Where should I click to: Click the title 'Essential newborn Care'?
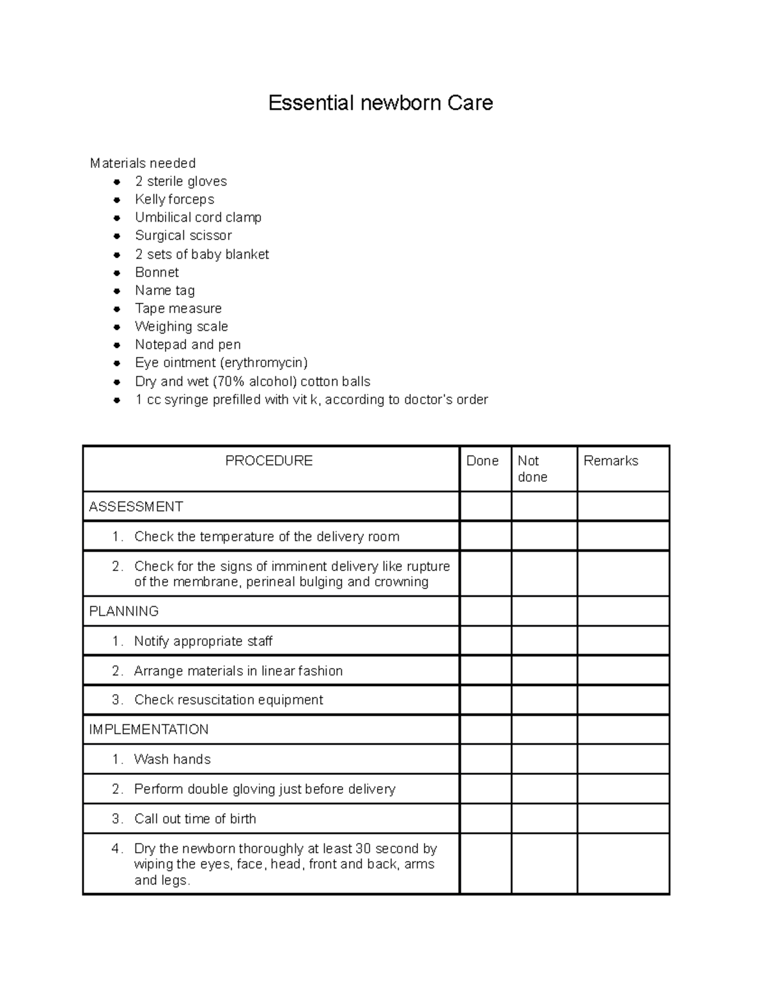tap(380, 103)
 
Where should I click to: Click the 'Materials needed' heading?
tap(143, 164)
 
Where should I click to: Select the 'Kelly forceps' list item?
tap(174, 199)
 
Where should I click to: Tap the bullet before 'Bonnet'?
tap(117, 273)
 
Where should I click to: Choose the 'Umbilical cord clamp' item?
tap(198, 217)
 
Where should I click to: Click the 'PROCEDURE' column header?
tap(269, 461)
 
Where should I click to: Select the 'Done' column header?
tap(483, 461)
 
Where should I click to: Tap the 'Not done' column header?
tap(532, 469)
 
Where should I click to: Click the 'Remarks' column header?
tap(610, 461)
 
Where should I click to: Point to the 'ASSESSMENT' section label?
tap(136, 507)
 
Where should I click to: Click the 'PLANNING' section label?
tap(124, 611)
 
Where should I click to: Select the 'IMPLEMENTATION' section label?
tap(149, 729)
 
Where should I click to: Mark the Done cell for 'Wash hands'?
tap(485, 759)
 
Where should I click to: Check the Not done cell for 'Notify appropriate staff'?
tap(544, 641)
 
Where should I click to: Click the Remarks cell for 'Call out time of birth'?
tap(623, 819)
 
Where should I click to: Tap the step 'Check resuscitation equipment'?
tap(228, 700)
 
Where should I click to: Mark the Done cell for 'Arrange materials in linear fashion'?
tap(485, 671)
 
